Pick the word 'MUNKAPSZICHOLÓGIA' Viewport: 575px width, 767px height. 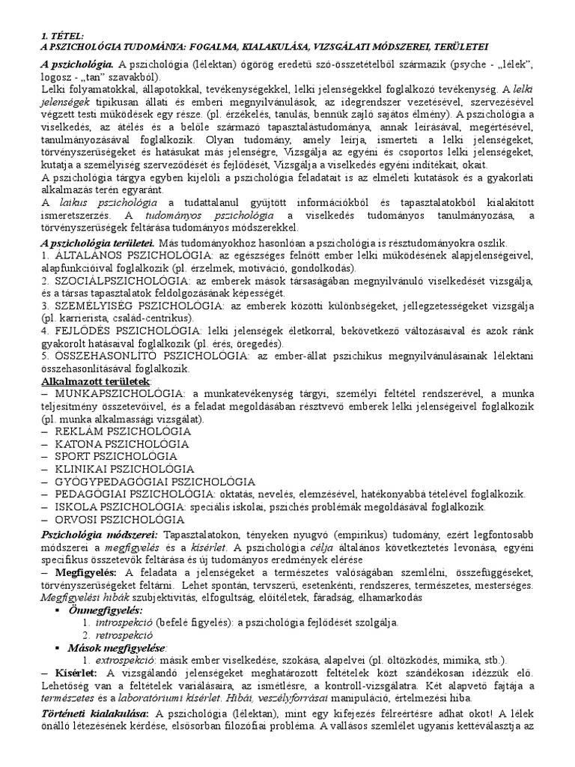click(112, 394)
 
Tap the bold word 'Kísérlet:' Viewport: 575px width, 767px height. click(69, 673)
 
